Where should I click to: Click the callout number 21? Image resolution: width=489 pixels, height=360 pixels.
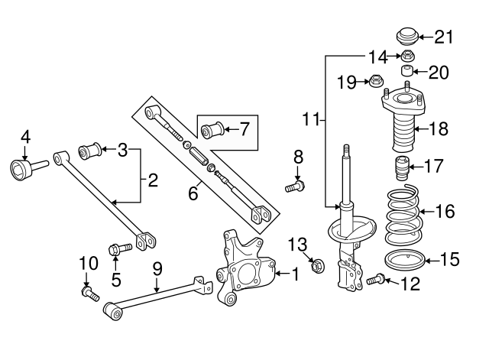pyautogui.click(x=444, y=37)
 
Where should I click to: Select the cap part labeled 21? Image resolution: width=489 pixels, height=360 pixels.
pyautogui.click(x=407, y=37)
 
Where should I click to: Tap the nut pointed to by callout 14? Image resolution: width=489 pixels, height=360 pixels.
pyautogui.click(x=406, y=57)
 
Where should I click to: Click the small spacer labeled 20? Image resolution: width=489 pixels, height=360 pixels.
pyautogui.click(x=406, y=71)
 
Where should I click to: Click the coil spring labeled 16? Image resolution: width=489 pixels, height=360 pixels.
pyautogui.click(x=403, y=216)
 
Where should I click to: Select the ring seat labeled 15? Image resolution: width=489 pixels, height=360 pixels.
pyautogui.click(x=404, y=260)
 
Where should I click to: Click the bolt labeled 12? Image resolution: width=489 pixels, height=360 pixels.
pyautogui.click(x=375, y=278)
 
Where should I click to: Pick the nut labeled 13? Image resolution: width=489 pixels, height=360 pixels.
pyautogui.click(x=318, y=265)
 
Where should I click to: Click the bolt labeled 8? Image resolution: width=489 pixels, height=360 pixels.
pyautogui.click(x=295, y=186)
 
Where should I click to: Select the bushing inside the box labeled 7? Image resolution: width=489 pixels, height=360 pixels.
pyautogui.click(x=212, y=129)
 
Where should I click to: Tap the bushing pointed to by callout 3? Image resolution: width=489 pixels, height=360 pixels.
pyautogui.click(x=89, y=151)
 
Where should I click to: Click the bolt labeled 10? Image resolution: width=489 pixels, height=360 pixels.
pyautogui.click(x=90, y=294)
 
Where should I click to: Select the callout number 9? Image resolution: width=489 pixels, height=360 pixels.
pyautogui.click(x=157, y=269)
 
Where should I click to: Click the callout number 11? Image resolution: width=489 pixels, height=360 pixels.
pyautogui.click(x=311, y=119)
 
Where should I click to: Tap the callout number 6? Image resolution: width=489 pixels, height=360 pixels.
pyautogui.click(x=193, y=193)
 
